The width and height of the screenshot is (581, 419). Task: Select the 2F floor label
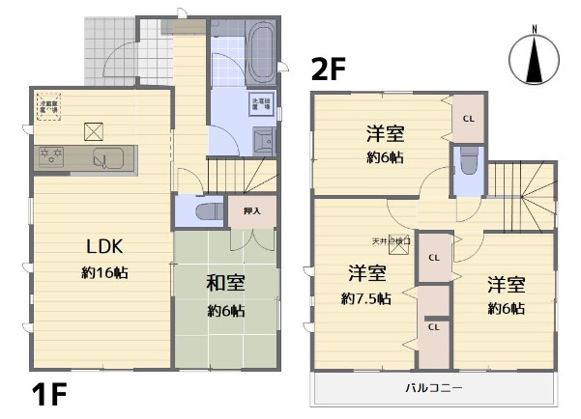[x=328, y=70]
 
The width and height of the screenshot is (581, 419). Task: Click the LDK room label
[x=104, y=245]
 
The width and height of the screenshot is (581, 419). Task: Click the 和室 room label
[x=224, y=283]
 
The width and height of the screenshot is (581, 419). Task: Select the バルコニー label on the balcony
[x=433, y=389]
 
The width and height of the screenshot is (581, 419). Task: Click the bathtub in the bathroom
[x=260, y=42]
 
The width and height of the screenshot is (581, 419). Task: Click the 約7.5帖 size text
[x=366, y=298]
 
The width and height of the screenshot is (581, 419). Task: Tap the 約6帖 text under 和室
[x=224, y=311]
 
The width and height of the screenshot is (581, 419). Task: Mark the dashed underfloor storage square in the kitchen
[x=48, y=106]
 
